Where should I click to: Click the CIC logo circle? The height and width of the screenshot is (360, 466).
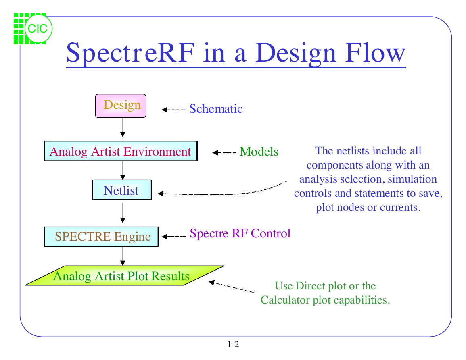[38, 29]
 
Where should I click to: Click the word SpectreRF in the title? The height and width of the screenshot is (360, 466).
[130, 52]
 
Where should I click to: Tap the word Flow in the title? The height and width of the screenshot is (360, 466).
[375, 52]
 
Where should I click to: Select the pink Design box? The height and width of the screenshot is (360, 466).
[121, 106]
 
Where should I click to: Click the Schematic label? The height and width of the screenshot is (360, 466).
[216, 109]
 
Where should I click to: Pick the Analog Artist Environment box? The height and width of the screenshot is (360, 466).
[121, 151]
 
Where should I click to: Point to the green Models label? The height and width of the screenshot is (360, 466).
[259, 152]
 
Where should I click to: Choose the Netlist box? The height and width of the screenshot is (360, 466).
[122, 190]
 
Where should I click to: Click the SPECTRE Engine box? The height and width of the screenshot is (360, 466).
[101, 236]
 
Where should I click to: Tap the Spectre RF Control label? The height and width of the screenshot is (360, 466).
[240, 233]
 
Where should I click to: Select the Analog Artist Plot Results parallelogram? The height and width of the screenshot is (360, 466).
[125, 276]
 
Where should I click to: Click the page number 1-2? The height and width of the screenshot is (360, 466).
[233, 344]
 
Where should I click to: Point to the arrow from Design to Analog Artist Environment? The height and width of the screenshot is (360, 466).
[123, 127]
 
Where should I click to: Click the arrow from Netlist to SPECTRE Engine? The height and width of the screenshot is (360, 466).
[123, 213]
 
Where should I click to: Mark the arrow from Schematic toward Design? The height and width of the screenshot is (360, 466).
[173, 110]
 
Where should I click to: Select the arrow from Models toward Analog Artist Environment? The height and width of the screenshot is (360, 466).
[224, 153]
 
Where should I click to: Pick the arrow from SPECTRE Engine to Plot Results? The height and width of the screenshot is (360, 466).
[123, 256]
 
